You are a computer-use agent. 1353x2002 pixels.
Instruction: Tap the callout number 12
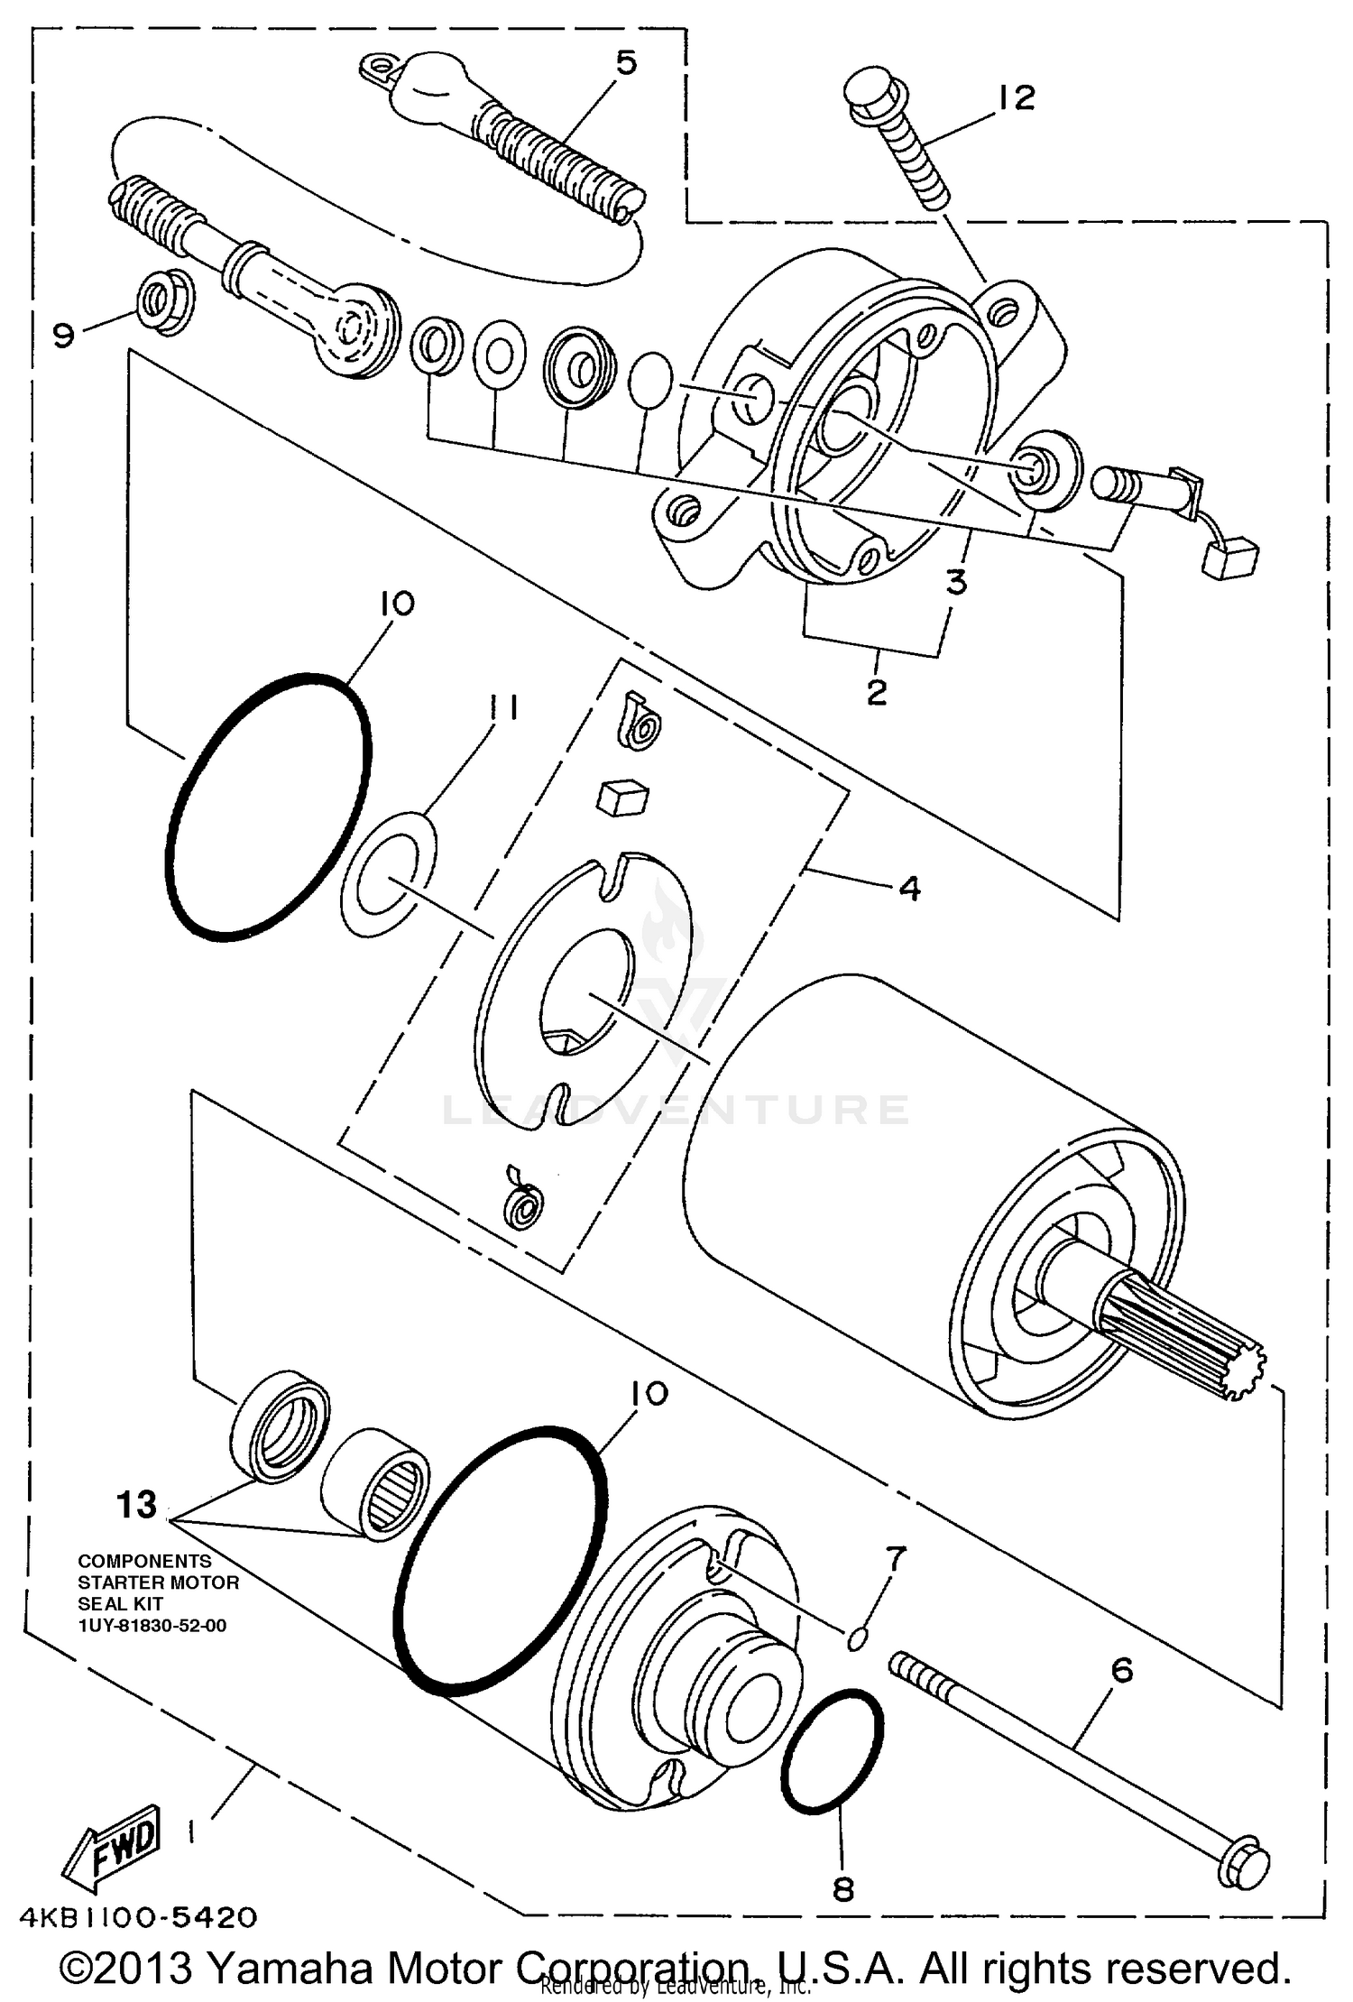(x=1017, y=97)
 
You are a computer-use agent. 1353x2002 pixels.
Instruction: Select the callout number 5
(x=626, y=62)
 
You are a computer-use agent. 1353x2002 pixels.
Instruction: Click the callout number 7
(x=895, y=1557)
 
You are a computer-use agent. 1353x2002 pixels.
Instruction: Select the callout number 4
(x=909, y=889)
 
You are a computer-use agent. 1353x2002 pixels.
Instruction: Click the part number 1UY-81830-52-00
(x=152, y=1626)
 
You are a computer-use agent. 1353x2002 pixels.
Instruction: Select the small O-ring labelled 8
(x=832, y=1751)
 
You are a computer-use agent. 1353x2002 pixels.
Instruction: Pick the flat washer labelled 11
(x=389, y=875)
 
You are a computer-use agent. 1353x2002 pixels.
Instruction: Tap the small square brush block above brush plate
(x=623, y=798)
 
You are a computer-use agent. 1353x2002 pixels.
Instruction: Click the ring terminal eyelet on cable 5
(x=376, y=68)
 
